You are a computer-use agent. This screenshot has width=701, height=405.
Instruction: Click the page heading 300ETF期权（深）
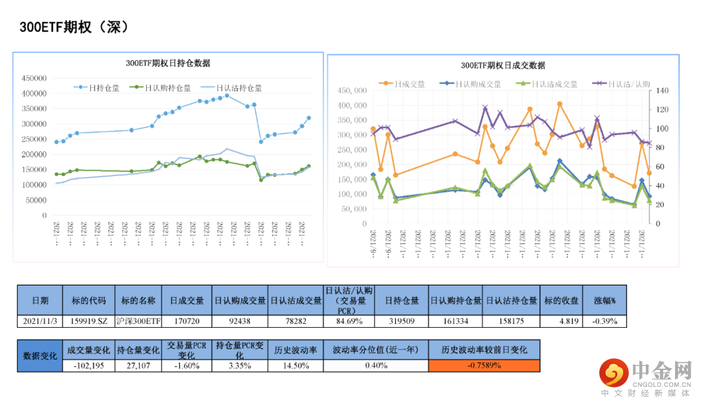point(74,27)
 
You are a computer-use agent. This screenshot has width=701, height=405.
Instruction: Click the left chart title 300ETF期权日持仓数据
point(167,64)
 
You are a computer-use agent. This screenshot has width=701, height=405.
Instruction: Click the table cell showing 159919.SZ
point(90,321)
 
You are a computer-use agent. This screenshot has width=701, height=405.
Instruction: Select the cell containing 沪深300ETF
point(138,321)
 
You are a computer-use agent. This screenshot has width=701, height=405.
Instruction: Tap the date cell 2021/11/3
point(40,321)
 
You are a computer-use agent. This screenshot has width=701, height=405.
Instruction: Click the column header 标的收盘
point(561,301)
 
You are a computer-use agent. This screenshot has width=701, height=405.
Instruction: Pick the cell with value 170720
point(186,321)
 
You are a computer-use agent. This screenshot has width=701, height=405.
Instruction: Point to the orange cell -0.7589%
point(484,365)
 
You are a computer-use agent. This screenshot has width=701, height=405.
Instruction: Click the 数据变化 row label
point(40,356)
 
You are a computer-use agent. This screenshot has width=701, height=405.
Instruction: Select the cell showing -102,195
point(90,365)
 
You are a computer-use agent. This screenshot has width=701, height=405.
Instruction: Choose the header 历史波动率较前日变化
point(484,350)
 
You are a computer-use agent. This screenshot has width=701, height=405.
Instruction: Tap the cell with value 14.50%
point(295,365)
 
